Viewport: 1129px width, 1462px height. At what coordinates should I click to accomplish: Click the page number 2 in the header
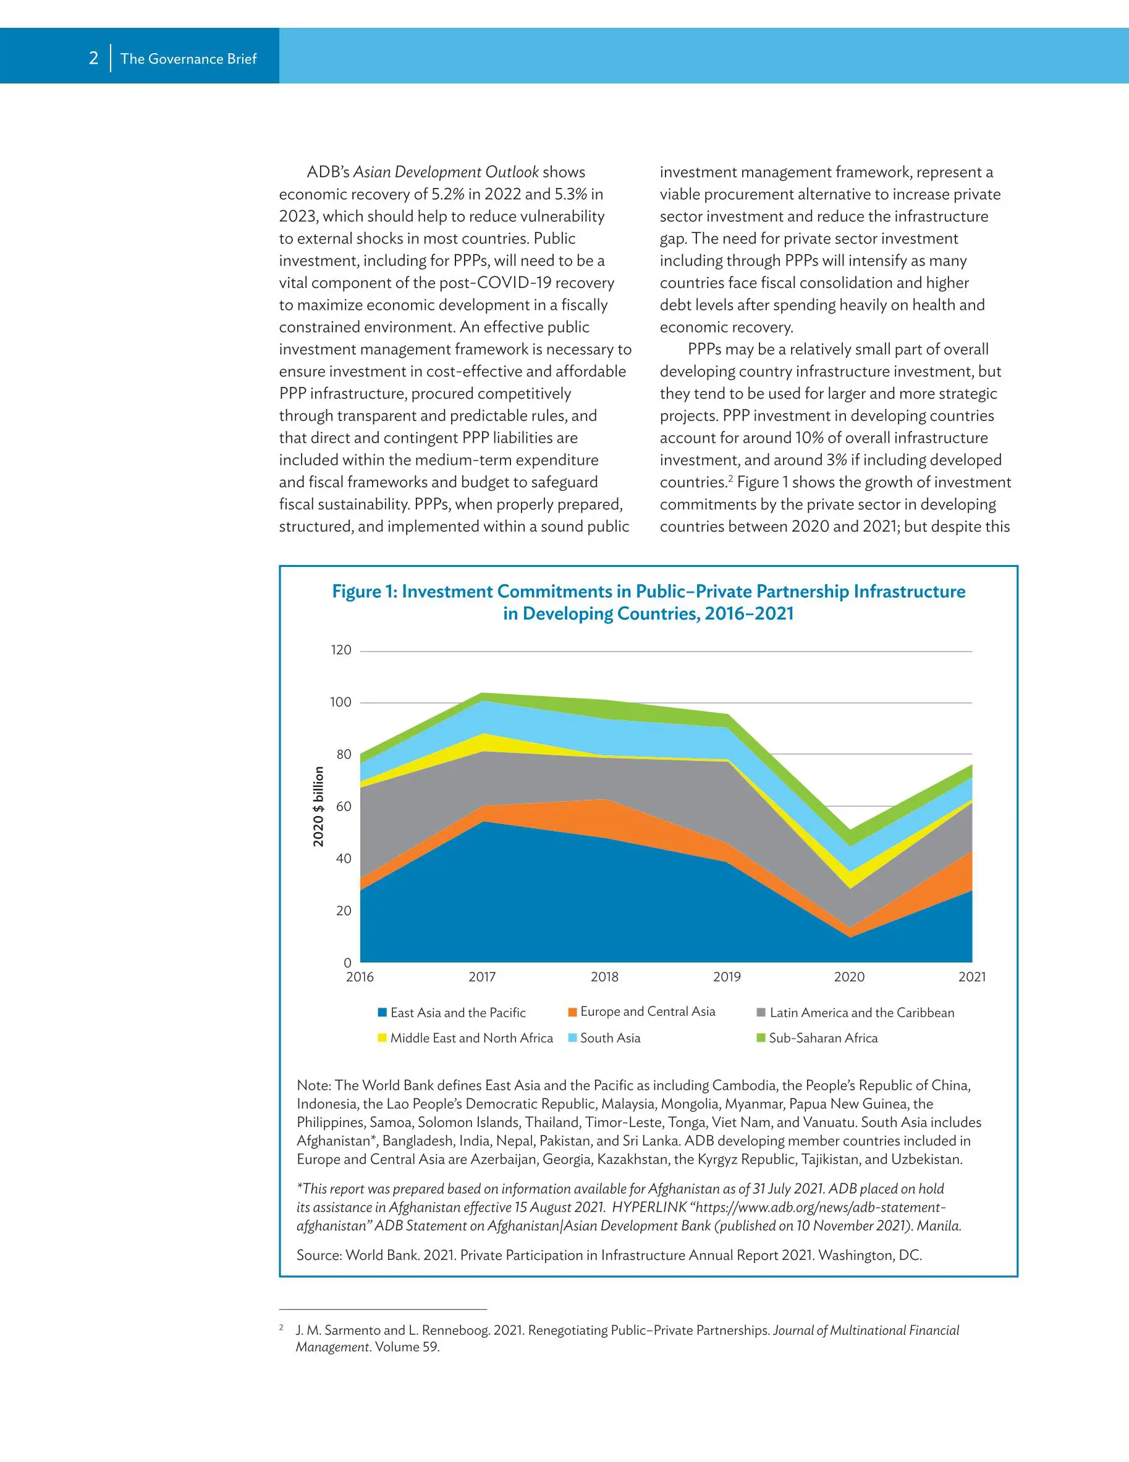click(x=94, y=58)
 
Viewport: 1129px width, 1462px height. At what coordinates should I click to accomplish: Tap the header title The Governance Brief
click(x=188, y=59)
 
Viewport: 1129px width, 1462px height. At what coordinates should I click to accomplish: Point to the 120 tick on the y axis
click(x=340, y=650)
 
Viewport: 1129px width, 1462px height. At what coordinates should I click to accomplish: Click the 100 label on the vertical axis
click(x=340, y=702)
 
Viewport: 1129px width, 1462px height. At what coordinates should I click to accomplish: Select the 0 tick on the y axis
click(x=347, y=963)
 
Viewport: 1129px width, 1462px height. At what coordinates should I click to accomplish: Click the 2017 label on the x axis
click(x=482, y=977)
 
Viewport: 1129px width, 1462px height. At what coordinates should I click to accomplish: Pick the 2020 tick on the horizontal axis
click(x=849, y=977)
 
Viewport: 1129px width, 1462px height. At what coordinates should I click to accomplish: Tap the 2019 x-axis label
click(x=727, y=977)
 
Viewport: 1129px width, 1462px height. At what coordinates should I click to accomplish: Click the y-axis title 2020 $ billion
click(x=319, y=806)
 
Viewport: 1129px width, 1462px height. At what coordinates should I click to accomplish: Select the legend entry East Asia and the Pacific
click(x=458, y=1013)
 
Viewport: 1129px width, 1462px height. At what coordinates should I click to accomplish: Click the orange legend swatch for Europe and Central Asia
click(x=572, y=1011)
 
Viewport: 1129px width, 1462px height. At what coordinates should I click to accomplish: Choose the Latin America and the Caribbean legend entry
click(x=861, y=1013)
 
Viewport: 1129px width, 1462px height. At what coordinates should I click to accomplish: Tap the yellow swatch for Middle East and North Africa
click(x=382, y=1037)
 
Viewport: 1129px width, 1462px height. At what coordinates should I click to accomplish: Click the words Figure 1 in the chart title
click(x=364, y=592)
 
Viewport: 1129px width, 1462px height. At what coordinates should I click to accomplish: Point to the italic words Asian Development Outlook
click(x=446, y=172)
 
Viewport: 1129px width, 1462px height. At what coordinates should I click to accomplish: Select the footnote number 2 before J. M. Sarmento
click(x=282, y=1327)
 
